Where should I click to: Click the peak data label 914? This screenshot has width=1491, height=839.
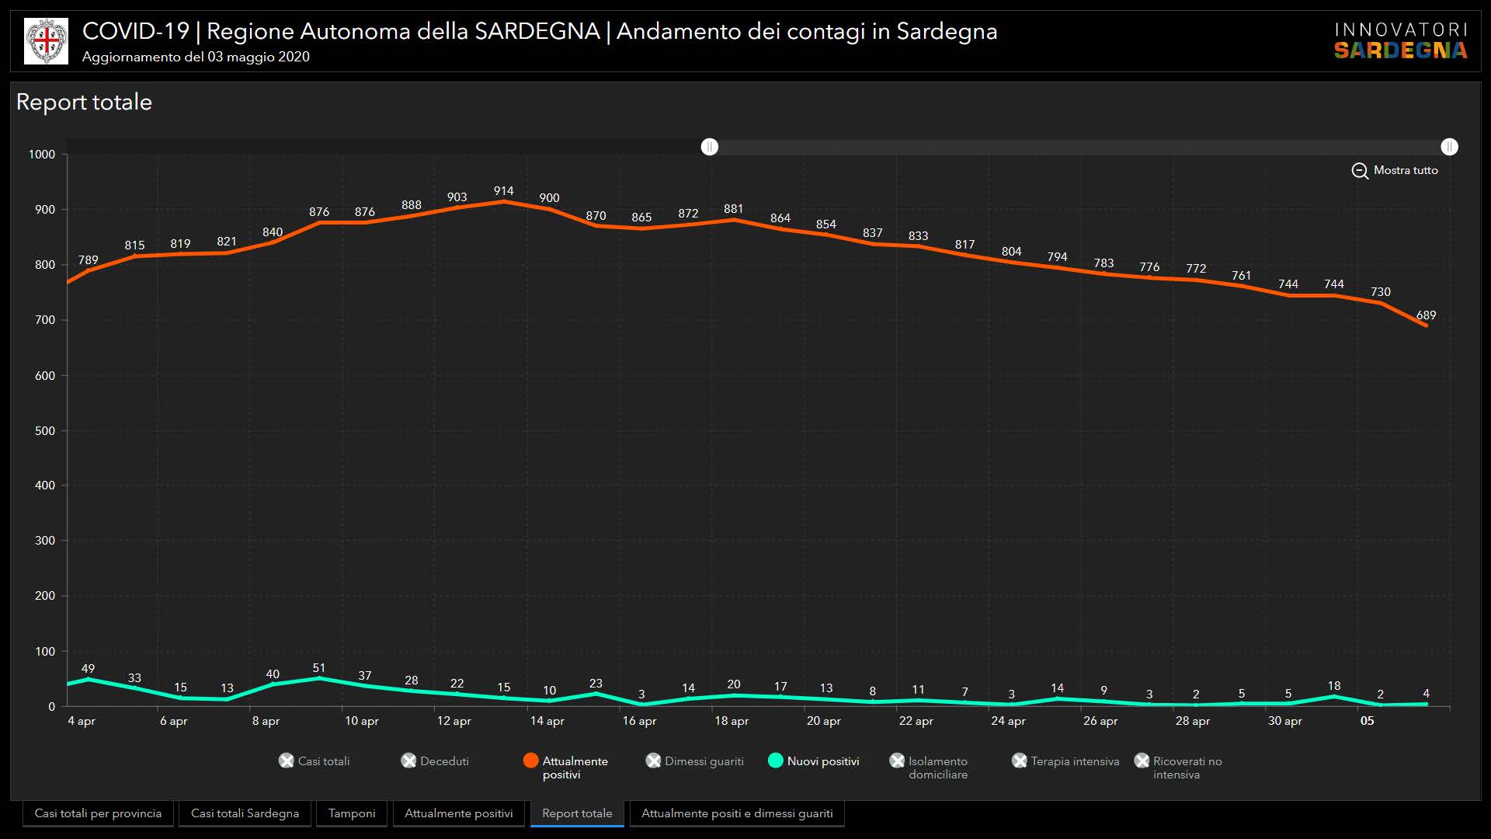503,191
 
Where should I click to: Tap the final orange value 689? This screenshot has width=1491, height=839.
1426,315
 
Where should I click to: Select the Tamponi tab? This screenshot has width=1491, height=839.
352,813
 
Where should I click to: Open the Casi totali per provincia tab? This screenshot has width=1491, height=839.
98,813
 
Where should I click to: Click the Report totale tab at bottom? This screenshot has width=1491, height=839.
577,813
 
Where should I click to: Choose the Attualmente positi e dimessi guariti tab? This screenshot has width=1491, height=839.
737,813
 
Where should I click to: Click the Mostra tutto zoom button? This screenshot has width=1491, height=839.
1395,170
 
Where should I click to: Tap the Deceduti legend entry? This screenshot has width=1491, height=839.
436,761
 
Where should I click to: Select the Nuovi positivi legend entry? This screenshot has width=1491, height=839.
814,761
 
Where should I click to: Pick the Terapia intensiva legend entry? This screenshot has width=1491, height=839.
1066,761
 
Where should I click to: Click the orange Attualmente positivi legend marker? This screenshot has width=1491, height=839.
531,761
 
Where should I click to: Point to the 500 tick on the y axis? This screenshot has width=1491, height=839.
45,430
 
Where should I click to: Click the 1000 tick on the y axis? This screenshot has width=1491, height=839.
42,155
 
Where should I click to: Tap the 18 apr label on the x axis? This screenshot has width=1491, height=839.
732,721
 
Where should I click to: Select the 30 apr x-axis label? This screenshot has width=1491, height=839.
1285,721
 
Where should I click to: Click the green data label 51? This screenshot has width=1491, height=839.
318,668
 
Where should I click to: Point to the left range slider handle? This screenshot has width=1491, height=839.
710,147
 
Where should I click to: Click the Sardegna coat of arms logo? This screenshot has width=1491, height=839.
47,41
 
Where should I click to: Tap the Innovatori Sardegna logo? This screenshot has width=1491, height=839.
1401,41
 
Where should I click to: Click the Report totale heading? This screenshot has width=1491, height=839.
84,103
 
